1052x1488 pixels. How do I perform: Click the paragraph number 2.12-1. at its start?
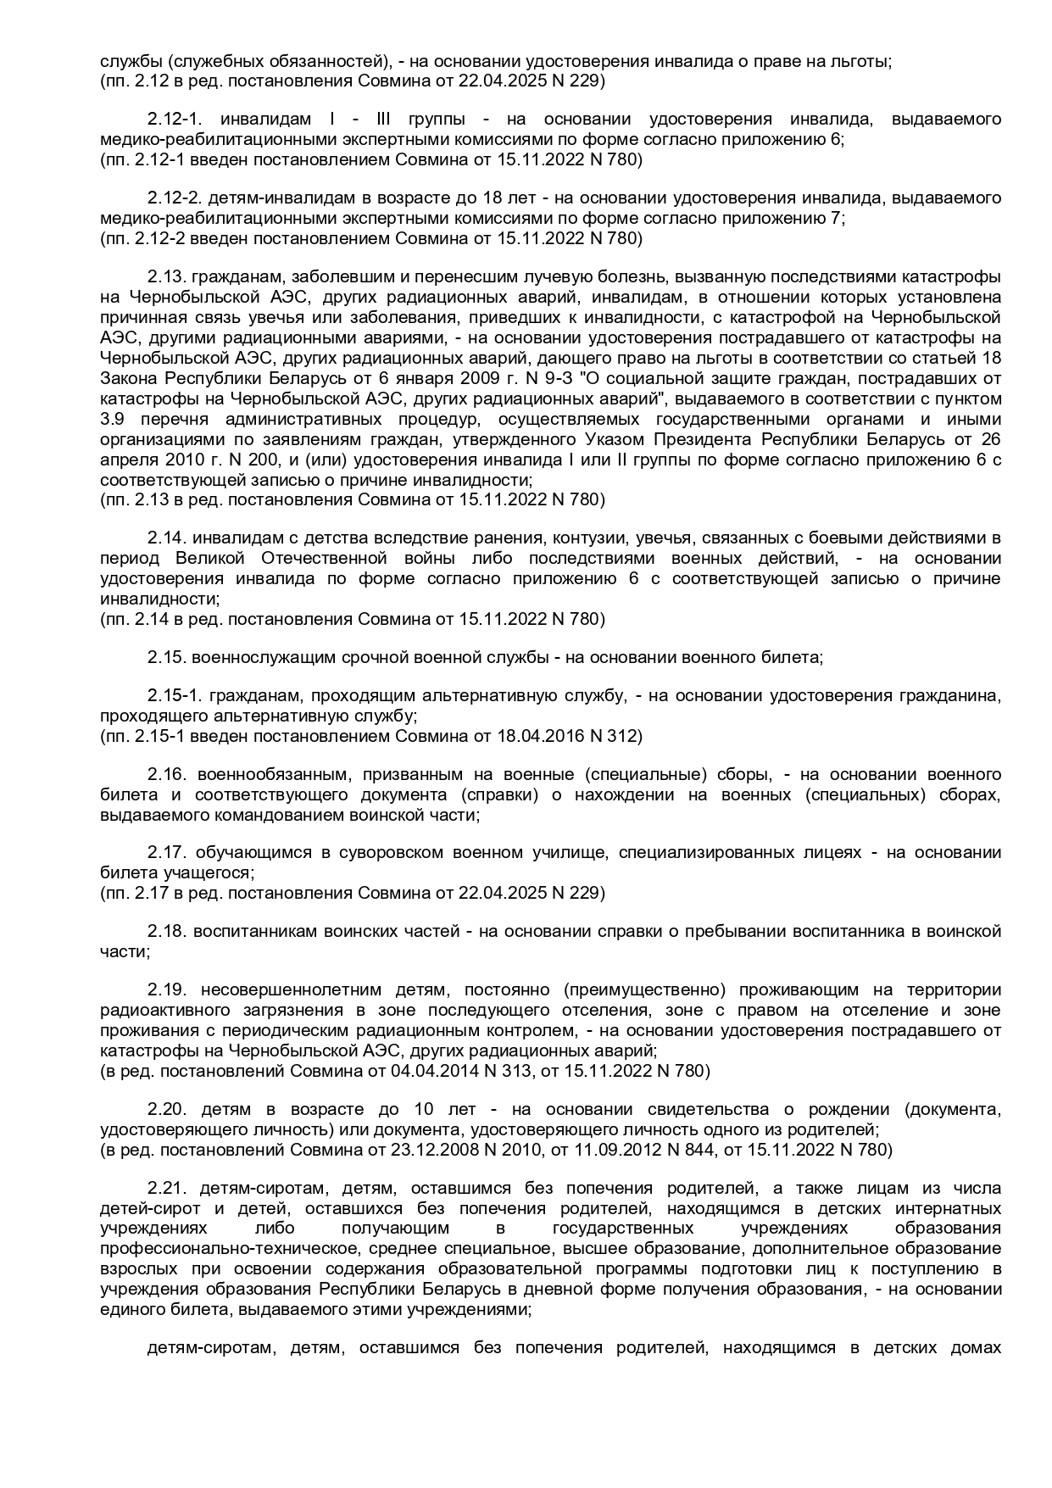pyautogui.click(x=174, y=120)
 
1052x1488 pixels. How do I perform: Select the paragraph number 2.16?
pyautogui.click(x=164, y=775)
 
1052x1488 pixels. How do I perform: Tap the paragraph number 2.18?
pyautogui.click(x=164, y=932)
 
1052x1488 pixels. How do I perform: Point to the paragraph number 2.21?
pyautogui.click(x=164, y=1188)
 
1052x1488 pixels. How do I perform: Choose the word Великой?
pyautogui.click(x=210, y=559)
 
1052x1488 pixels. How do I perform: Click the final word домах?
pyautogui.click(x=977, y=1348)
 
